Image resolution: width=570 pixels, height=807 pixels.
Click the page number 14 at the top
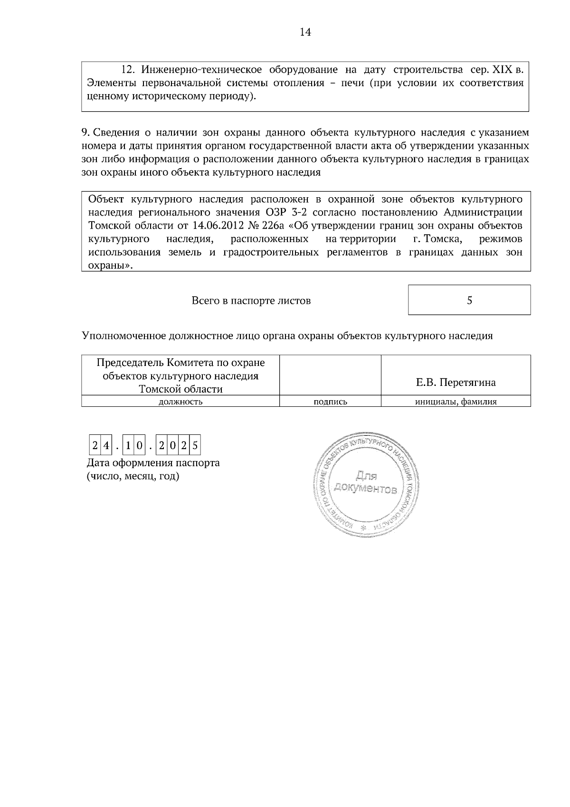click(x=305, y=32)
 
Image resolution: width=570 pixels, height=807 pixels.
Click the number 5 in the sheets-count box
click(x=469, y=300)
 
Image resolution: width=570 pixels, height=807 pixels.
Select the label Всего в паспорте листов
click(x=251, y=300)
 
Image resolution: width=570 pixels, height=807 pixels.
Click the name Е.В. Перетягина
click(x=456, y=382)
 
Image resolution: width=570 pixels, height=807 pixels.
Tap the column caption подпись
click(x=330, y=402)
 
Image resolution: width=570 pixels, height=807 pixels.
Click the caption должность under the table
click(x=180, y=402)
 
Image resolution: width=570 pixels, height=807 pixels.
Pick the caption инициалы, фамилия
click(x=456, y=402)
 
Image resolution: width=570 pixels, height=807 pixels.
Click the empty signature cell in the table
click(x=330, y=375)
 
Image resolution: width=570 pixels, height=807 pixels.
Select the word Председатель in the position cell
click(x=129, y=363)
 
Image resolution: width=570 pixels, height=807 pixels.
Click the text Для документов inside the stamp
click(x=366, y=482)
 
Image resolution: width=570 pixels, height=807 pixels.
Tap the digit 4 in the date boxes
click(x=107, y=446)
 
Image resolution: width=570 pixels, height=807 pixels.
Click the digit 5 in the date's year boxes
click(x=195, y=446)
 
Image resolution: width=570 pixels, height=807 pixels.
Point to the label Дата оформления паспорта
click(x=153, y=462)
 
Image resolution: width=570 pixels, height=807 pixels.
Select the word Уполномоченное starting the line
click(x=124, y=336)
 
